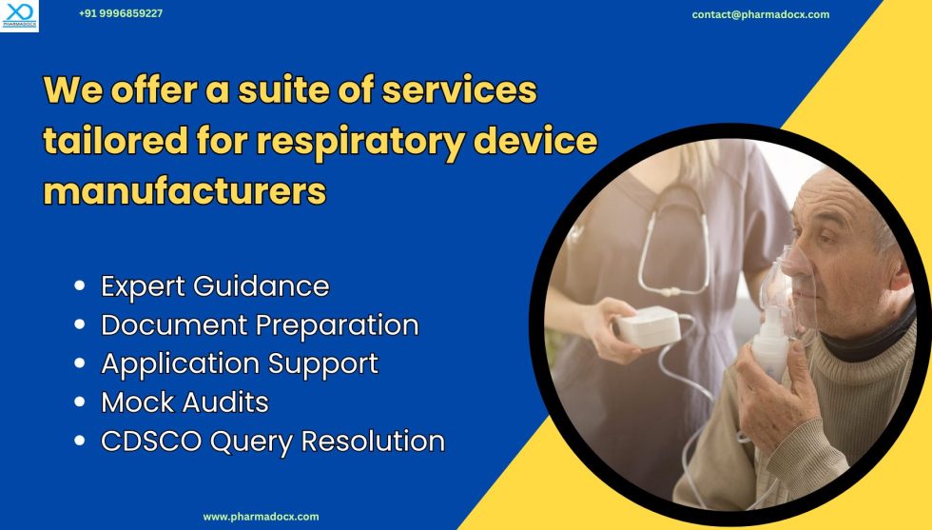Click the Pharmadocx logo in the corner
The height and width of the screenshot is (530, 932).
coord(19,16)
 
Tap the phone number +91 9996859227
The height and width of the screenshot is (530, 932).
coord(121,14)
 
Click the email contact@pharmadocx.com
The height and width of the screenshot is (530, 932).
coord(760,14)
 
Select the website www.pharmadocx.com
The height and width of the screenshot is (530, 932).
coord(261,517)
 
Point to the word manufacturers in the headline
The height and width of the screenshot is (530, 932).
coord(185,190)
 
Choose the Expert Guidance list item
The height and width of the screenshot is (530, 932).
coord(215,285)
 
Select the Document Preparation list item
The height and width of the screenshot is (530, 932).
coord(260,324)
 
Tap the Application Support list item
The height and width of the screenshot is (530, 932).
coord(240,363)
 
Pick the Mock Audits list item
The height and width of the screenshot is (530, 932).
coord(184,402)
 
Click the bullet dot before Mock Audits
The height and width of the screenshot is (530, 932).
coord(80,403)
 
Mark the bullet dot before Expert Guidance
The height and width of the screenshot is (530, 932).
coord(80,286)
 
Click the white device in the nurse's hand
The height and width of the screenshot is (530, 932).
coord(648,326)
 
